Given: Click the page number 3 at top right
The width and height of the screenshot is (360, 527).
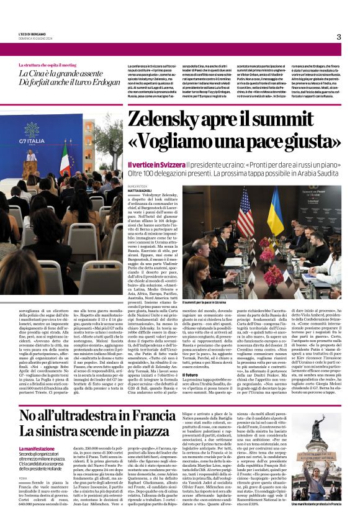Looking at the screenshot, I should click(338, 37).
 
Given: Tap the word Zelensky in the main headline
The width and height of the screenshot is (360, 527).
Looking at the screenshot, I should click(168, 121).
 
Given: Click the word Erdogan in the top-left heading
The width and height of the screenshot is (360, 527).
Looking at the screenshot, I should click(103, 83).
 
